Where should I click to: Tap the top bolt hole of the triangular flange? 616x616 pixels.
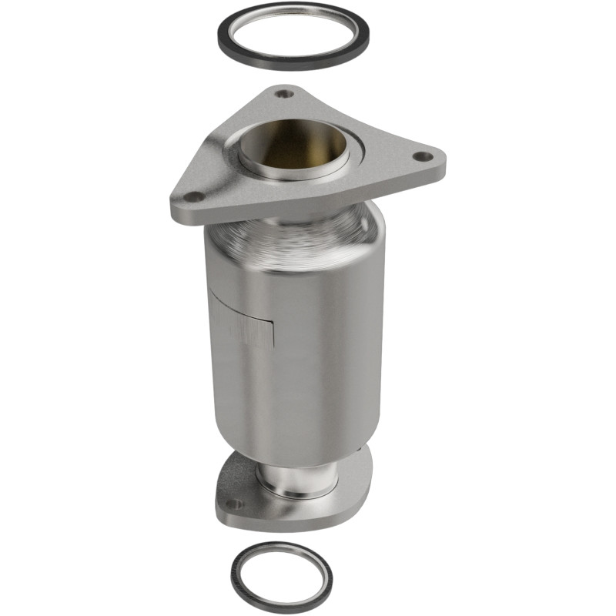click(285, 94)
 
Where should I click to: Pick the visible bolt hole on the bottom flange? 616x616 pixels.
click(234, 504)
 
